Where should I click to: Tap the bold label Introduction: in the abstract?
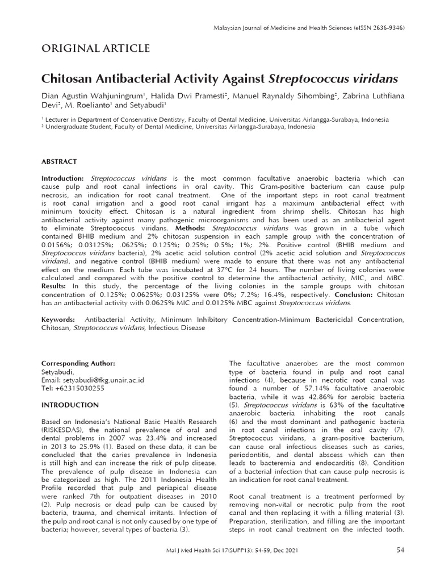coord(63,178)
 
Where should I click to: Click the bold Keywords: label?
coord(59,320)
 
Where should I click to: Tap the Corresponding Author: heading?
coord(78,363)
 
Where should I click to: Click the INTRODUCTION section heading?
coord(70,405)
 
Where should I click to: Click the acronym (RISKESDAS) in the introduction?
coord(64,430)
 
